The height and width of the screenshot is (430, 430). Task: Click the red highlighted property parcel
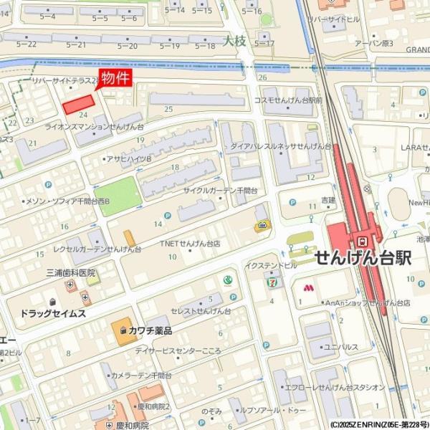79,104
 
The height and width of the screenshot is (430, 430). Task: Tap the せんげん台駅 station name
363,258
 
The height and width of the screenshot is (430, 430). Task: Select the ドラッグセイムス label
53,314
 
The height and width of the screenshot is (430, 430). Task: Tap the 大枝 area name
234,41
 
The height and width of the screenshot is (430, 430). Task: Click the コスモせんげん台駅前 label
288,100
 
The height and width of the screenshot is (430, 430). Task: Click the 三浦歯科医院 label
70,273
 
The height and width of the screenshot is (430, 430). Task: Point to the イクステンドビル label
271,265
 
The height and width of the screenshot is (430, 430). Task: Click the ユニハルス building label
340,347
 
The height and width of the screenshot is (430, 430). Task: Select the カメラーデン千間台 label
141,375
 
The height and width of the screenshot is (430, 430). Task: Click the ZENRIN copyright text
380,424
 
